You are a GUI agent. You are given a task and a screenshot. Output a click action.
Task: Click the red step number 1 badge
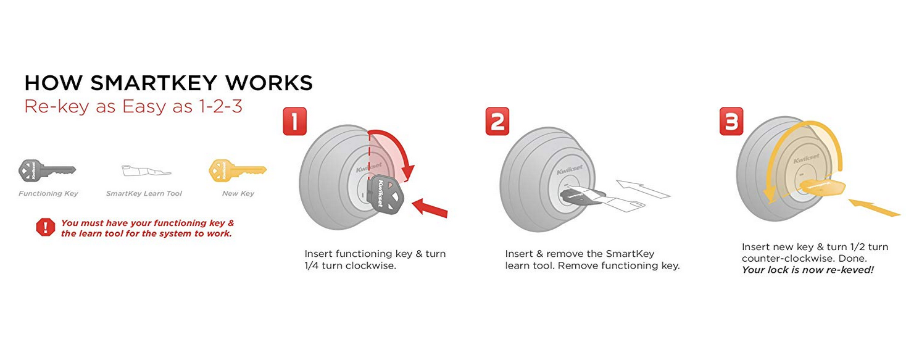295,122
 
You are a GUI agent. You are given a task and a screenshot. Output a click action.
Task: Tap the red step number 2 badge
497,122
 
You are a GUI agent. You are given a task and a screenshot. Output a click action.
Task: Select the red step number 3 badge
732,122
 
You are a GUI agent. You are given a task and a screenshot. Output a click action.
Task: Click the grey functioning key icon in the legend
47,170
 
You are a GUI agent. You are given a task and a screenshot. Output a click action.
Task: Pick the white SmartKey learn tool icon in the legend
146,170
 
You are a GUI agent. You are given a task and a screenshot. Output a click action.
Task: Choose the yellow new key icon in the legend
238,170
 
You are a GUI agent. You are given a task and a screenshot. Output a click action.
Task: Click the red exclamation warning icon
45,227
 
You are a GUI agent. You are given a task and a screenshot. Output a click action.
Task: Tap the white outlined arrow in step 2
643,190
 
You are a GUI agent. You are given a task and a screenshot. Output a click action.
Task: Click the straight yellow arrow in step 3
874,207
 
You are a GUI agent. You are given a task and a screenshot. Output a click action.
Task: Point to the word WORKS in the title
269,83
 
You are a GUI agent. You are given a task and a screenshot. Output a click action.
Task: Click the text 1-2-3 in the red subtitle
220,106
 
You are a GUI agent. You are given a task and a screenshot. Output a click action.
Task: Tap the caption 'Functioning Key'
48,193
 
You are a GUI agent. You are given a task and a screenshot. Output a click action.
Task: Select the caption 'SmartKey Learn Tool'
144,193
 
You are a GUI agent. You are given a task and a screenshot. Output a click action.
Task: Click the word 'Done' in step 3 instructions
852,259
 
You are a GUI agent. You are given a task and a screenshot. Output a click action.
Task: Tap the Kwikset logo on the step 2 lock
570,169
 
